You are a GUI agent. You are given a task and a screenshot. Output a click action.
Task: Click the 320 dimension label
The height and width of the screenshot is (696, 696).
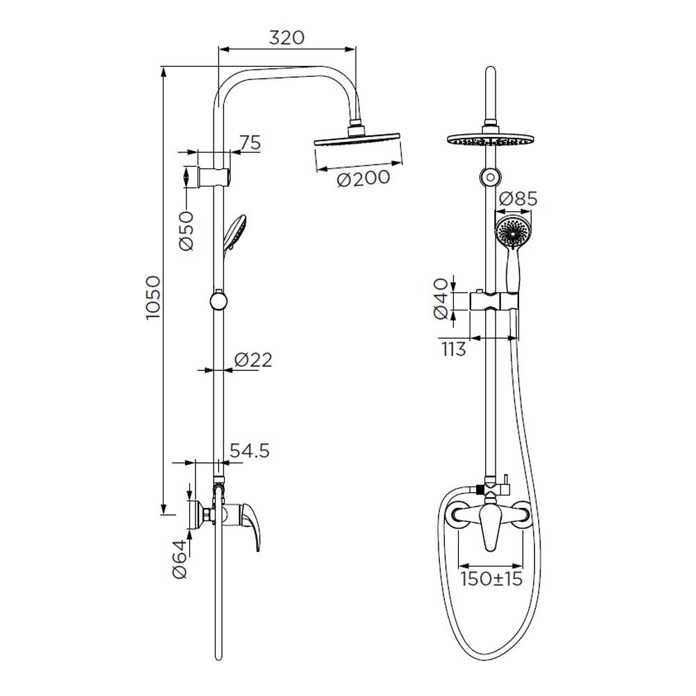point(287,38)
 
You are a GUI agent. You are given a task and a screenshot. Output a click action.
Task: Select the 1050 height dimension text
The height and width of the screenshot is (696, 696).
point(152,297)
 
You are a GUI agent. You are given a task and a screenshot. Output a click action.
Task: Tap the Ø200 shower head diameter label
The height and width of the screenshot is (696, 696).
point(363,178)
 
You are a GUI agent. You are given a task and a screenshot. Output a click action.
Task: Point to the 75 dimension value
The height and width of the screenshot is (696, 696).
point(251,143)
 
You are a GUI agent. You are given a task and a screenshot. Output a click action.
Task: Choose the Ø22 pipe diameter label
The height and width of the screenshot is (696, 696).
point(253,360)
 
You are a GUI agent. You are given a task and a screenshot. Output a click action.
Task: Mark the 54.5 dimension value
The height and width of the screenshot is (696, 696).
point(250,451)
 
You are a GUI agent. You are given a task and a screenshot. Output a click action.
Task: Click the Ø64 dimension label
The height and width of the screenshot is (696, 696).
point(180,560)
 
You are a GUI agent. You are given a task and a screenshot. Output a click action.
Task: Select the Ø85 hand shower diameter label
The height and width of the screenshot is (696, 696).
point(518,198)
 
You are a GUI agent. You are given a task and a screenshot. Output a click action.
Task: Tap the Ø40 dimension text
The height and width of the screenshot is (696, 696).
point(441,299)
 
